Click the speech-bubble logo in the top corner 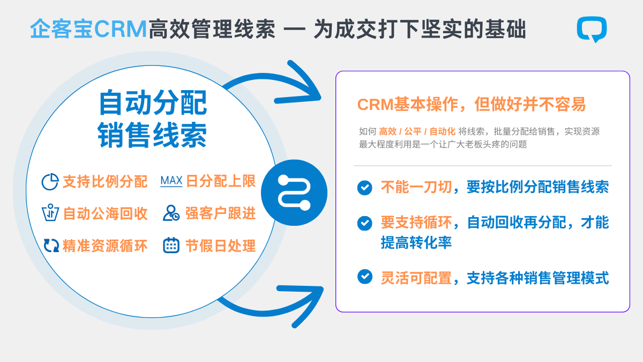coord(592,28)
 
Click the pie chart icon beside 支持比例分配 coord(50,181)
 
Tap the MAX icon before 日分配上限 coord(171,181)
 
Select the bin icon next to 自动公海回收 coord(50,213)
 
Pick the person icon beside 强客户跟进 coord(171,213)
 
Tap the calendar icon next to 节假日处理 coord(171,245)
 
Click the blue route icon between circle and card coord(294,192)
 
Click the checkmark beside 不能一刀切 coord(364,187)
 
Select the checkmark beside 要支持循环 coord(364,223)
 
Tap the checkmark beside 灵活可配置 coord(364,277)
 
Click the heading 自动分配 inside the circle coord(152,103)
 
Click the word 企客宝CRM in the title coord(88,29)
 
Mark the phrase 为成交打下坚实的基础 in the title coord(419,29)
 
